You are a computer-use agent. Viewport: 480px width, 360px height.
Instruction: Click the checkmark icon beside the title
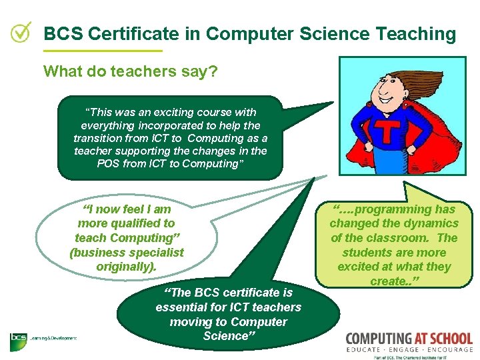click(21, 31)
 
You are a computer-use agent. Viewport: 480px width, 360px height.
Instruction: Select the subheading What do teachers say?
click(130, 71)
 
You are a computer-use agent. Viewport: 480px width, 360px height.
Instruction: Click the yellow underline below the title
click(102, 51)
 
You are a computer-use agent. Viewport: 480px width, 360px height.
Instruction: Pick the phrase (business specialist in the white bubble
click(127, 252)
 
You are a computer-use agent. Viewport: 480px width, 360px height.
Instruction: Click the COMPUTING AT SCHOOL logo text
click(409, 339)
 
